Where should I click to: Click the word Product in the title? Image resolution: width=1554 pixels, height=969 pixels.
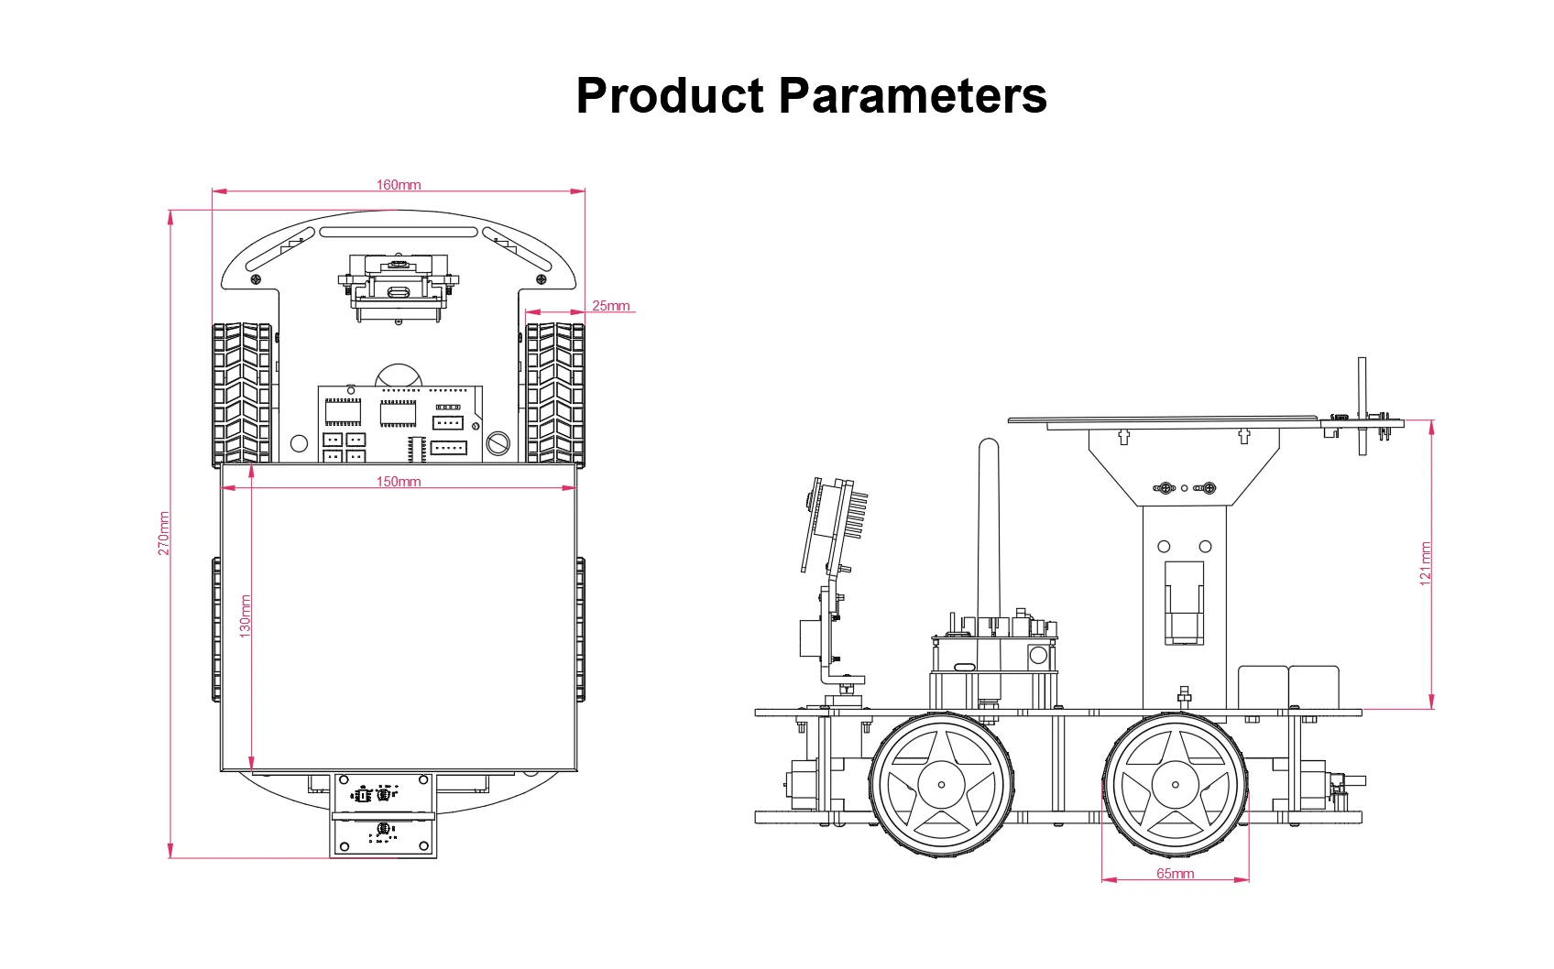coord(670,95)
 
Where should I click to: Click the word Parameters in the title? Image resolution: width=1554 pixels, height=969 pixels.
coord(913,95)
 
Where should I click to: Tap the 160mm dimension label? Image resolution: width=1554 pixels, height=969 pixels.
coord(399,184)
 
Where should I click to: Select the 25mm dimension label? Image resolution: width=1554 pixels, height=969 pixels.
coord(610,305)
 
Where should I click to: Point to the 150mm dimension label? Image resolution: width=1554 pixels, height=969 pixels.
coord(399,482)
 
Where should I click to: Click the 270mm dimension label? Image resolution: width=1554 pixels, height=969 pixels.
coord(164,533)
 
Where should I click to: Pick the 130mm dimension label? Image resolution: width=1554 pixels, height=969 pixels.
coord(245,616)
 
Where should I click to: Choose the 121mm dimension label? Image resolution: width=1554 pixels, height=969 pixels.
coord(1425,563)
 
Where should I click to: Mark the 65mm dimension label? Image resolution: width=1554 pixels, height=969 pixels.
coord(1176,873)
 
